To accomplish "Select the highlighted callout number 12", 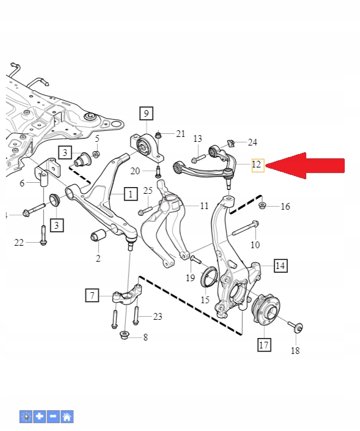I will (x=257, y=164).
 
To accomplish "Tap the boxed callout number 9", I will (x=145, y=113).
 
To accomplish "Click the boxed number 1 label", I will (x=131, y=194).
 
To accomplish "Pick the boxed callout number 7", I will (x=92, y=296).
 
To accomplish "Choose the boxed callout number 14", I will (x=280, y=265).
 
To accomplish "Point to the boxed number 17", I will (x=263, y=345).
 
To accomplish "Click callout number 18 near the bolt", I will (x=295, y=351).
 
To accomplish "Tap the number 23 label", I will (x=158, y=316).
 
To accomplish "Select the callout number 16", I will (x=285, y=207).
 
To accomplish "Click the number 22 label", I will (x=19, y=243).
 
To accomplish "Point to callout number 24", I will (x=252, y=142).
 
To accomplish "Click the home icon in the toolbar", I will (x=67, y=417).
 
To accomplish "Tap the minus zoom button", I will (x=53, y=417).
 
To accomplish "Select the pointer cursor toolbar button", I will (x=26, y=417).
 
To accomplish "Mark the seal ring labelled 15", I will (x=208, y=277).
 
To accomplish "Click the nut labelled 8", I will (x=125, y=334).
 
